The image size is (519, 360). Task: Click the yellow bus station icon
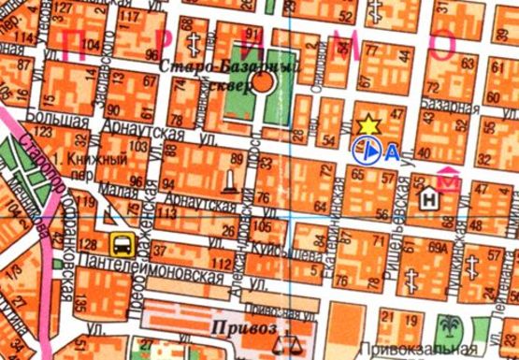tap(122, 246)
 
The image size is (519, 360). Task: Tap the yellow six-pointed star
tap(368, 124)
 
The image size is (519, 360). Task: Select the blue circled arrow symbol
tap(370, 149)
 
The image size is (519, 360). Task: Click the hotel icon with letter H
tap(429, 198)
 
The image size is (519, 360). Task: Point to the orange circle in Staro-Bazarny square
tap(265, 82)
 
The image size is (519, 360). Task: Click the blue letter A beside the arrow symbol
tap(392, 150)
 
